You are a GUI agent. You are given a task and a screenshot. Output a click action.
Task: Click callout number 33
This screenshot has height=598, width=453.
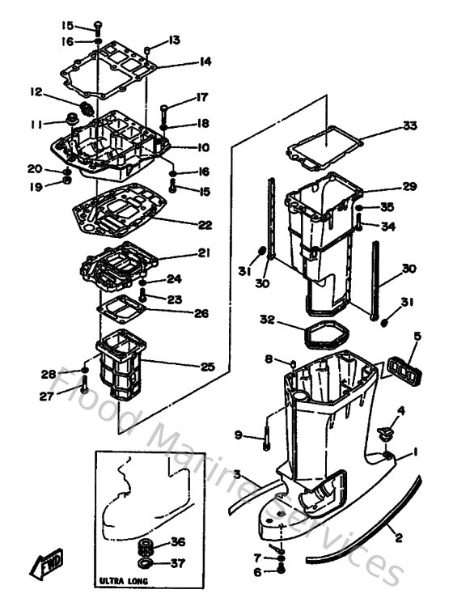(x=409, y=125)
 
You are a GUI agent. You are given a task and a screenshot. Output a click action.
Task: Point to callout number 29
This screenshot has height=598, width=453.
(x=410, y=186)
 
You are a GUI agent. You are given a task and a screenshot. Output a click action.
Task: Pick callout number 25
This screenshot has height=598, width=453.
(x=207, y=367)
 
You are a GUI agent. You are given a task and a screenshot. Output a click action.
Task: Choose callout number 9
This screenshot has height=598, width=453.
(x=239, y=435)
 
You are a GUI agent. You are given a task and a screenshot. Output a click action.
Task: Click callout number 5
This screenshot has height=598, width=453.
(x=417, y=335)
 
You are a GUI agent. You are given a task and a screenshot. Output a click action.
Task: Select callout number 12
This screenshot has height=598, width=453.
(x=36, y=91)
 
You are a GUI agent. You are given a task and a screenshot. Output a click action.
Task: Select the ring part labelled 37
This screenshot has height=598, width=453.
(x=146, y=562)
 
